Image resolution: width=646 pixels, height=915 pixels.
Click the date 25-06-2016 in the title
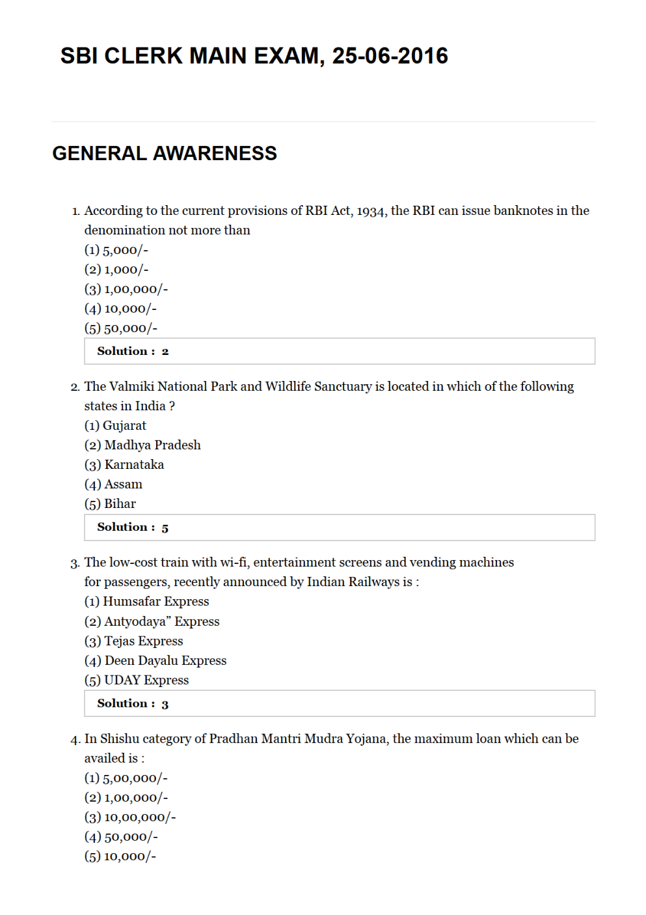pyautogui.click(x=390, y=56)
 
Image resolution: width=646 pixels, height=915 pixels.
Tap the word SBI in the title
pyautogui.click(x=79, y=56)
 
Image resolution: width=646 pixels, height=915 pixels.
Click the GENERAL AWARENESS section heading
pyautogui.click(x=165, y=153)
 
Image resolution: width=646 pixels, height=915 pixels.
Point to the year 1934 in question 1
pyautogui.click(x=371, y=211)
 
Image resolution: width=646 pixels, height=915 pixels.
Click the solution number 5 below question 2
pyautogui.click(x=165, y=528)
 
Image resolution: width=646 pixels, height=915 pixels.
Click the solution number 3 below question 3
pyautogui.click(x=165, y=705)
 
